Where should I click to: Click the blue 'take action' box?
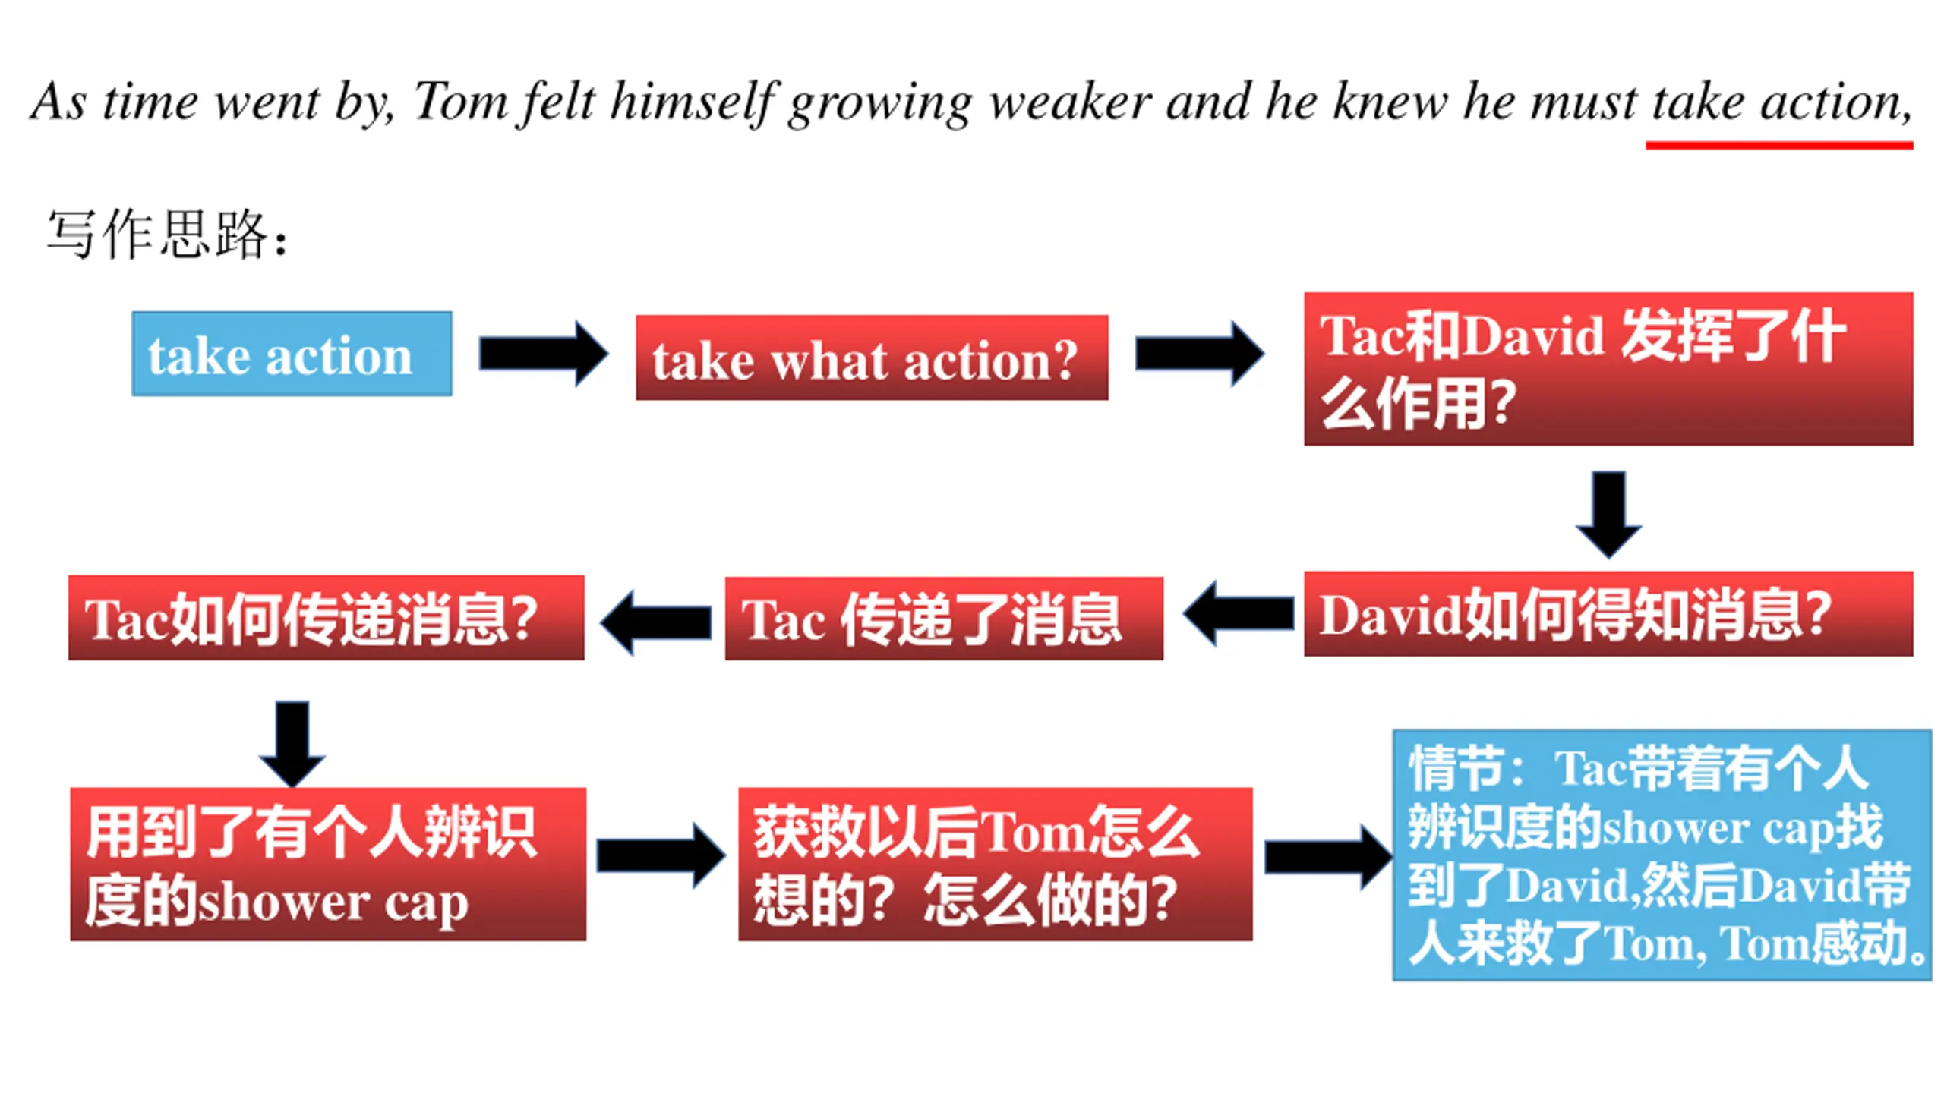click(x=292, y=354)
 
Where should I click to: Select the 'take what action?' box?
click(x=871, y=358)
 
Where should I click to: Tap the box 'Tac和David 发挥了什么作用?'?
click(x=1608, y=369)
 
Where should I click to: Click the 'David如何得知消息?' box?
click(x=1608, y=614)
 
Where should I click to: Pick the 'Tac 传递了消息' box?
click(x=943, y=619)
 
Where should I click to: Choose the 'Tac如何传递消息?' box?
click(x=326, y=618)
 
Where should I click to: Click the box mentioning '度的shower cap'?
click(x=327, y=865)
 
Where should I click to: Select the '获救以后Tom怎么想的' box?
click(x=995, y=865)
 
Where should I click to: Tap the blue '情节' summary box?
click(x=1661, y=855)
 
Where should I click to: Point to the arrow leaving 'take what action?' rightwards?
click(x=1198, y=354)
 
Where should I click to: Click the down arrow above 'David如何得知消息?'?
click(x=1608, y=514)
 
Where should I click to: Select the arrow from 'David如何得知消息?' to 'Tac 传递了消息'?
click(x=1239, y=613)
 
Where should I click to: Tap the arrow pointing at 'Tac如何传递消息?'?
click(x=656, y=622)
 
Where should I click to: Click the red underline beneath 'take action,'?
click(x=1778, y=144)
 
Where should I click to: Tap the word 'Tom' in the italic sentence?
click(x=460, y=102)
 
